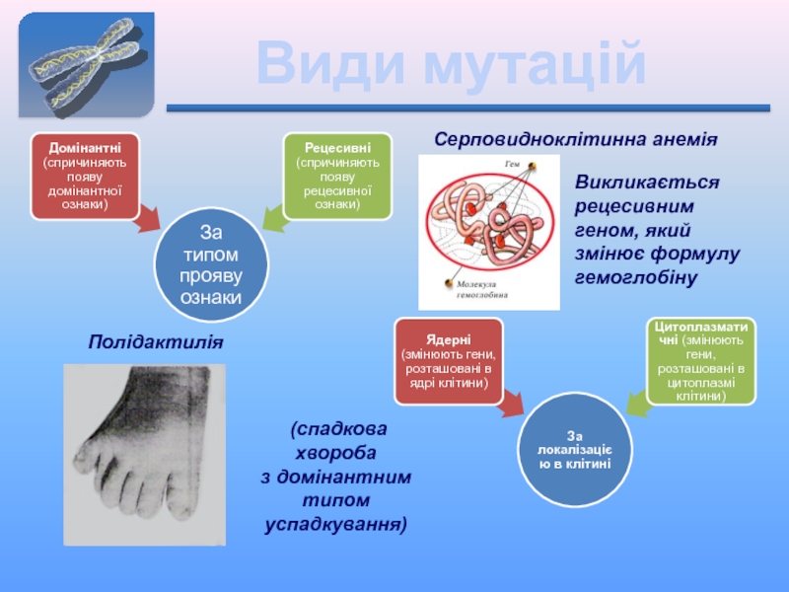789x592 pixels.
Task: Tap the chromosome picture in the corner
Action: pyautogui.click(x=87, y=65)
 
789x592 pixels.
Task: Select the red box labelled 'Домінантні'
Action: pyautogui.click(x=85, y=177)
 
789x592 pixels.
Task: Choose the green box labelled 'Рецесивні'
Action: pyautogui.click(x=337, y=177)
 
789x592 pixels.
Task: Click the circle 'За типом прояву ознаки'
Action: pyautogui.click(x=211, y=264)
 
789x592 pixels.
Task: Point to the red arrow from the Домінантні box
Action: pyautogui.click(x=149, y=218)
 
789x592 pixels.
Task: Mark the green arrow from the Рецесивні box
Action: pyautogui.click(x=274, y=218)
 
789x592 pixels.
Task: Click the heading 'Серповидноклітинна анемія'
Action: pyautogui.click(x=576, y=139)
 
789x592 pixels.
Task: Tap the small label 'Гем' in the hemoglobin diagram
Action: pyautogui.click(x=512, y=164)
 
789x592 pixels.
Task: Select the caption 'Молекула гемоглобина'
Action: pyautogui.click(x=482, y=289)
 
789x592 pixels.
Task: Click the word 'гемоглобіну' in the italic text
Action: pyautogui.click(x=636, y=277)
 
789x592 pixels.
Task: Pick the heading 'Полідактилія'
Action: pyautogui.click(x=156, y=342)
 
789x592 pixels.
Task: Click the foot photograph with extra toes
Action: pyautogui.click(x=144, y=455)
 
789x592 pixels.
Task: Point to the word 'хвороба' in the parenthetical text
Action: pyautogui.click(x=335, y=453)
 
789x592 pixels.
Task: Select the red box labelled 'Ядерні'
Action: pyautogui.click(x=449, y=361)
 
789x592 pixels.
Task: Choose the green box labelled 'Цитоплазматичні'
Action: pyautogui.click(x=701, y=361)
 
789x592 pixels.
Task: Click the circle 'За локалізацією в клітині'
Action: pyautogui.click(x=575, y=450)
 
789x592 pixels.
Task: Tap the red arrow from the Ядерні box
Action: pyautogui.click(x=512, y=403)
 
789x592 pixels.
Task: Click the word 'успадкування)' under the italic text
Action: pyautogui.click(x=335, y=525)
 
